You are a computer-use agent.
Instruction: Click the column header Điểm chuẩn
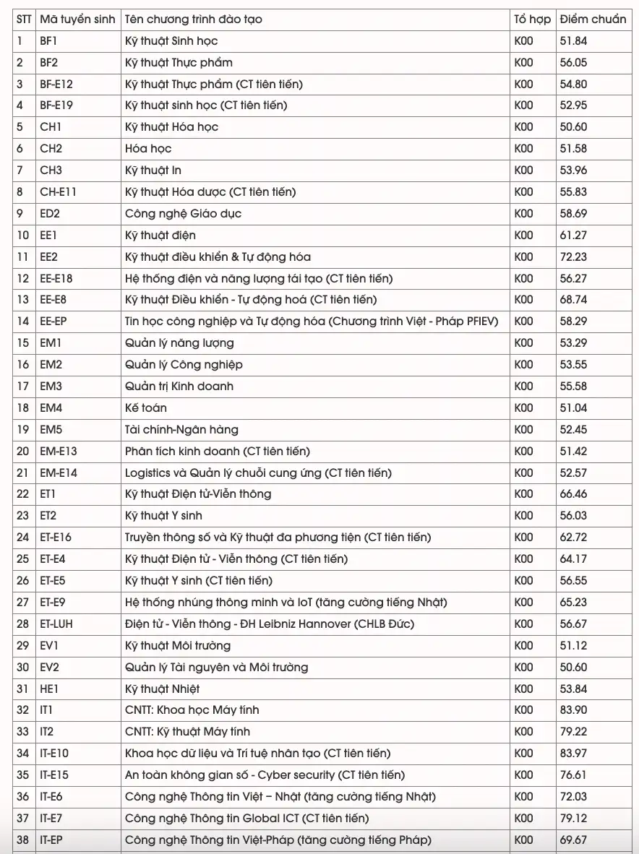pyautogui.click(x=592, y=20)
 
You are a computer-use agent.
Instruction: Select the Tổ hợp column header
pyautogui.click(x=532, y=20)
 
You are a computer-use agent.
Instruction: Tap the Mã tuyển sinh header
pyautogui.click(x=77, y=20)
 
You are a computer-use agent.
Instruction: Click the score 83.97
pyautogui.click(x=573, y=754)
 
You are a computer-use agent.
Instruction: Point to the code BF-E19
pyautogui.click(x=56, y=105)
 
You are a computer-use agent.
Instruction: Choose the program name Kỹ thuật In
pyautogui.click(x=153, y=171)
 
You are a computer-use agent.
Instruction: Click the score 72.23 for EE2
pyautogui.click(x=573, y=256)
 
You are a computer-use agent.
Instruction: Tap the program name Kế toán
pyautogui.click(x=146, y=407)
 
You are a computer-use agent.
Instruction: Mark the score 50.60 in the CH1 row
pyautogui.click(x=573, y=127)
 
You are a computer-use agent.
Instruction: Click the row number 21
pyautogui.click(x=23, y=473)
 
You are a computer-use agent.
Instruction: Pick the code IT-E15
pyautogui.click(x=54, y=775)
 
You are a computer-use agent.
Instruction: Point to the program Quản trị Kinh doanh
pyautogui.click(x=179, y=386)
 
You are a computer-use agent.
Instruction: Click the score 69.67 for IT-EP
pyautogui.click(x=573, y=840)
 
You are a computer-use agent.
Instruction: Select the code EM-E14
pyautogui.click(x=59, y=473)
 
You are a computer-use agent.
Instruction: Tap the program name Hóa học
pyautogui.click(x=148, y=149)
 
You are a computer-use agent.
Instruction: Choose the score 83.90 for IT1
pyautogui.click(x=573, y=710)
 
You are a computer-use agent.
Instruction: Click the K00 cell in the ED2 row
pyautogui.click(x=524, y=214)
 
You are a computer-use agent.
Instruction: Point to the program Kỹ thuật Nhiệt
pyautogui.click(x=162, y=689)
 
